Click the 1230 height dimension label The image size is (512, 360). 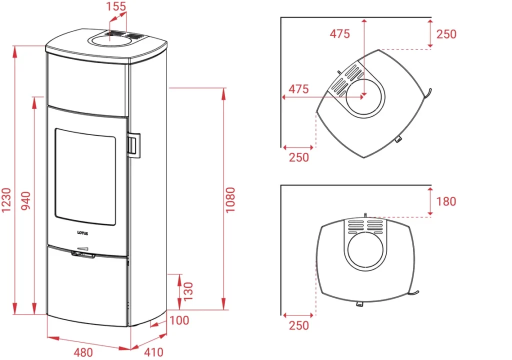6,200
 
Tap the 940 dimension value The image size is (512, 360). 26,200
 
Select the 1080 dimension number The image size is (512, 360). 230,200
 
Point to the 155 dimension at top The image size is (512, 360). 116,6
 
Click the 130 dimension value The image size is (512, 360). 188,291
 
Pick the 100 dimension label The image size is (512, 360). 179,320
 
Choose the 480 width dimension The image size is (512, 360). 83,352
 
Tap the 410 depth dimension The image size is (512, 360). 153,352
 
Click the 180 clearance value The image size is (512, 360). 446,201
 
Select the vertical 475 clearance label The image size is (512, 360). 339,33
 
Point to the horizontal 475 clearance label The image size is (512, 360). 298,89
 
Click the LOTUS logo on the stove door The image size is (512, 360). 82,233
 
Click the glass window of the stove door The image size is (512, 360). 85,176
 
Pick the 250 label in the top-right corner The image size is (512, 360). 446,34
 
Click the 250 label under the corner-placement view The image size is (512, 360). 299,157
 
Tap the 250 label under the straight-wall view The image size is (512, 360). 299,325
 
